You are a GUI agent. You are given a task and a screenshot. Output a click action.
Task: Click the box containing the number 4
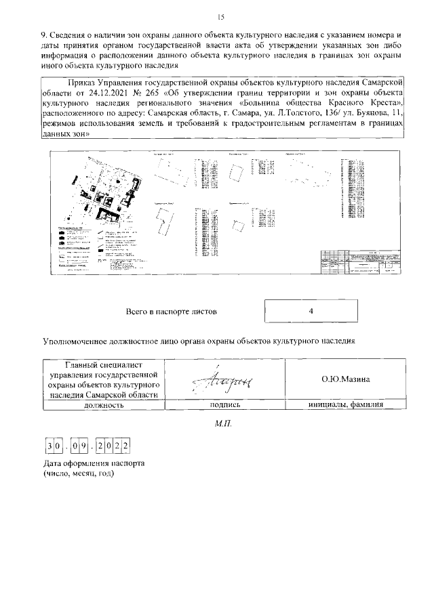309,312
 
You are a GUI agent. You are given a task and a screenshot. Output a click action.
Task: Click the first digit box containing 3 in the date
50,446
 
